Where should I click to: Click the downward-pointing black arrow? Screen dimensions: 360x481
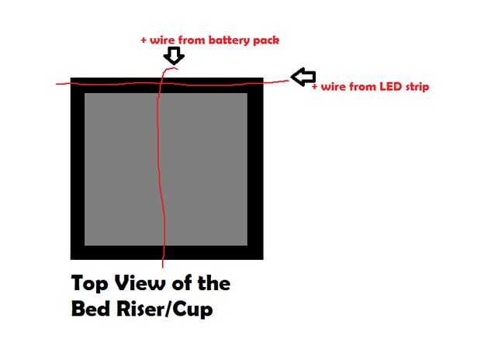(x=175, y=55)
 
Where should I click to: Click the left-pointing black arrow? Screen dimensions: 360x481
(x=303, y=76)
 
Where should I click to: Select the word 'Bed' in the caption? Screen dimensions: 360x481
(x=91, y=310)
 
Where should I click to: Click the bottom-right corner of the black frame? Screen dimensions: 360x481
(x=262, y=258)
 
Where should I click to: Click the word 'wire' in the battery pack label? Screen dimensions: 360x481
(x=161, y=39)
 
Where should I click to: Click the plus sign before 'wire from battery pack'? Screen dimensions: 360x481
(x=144, y=39)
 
